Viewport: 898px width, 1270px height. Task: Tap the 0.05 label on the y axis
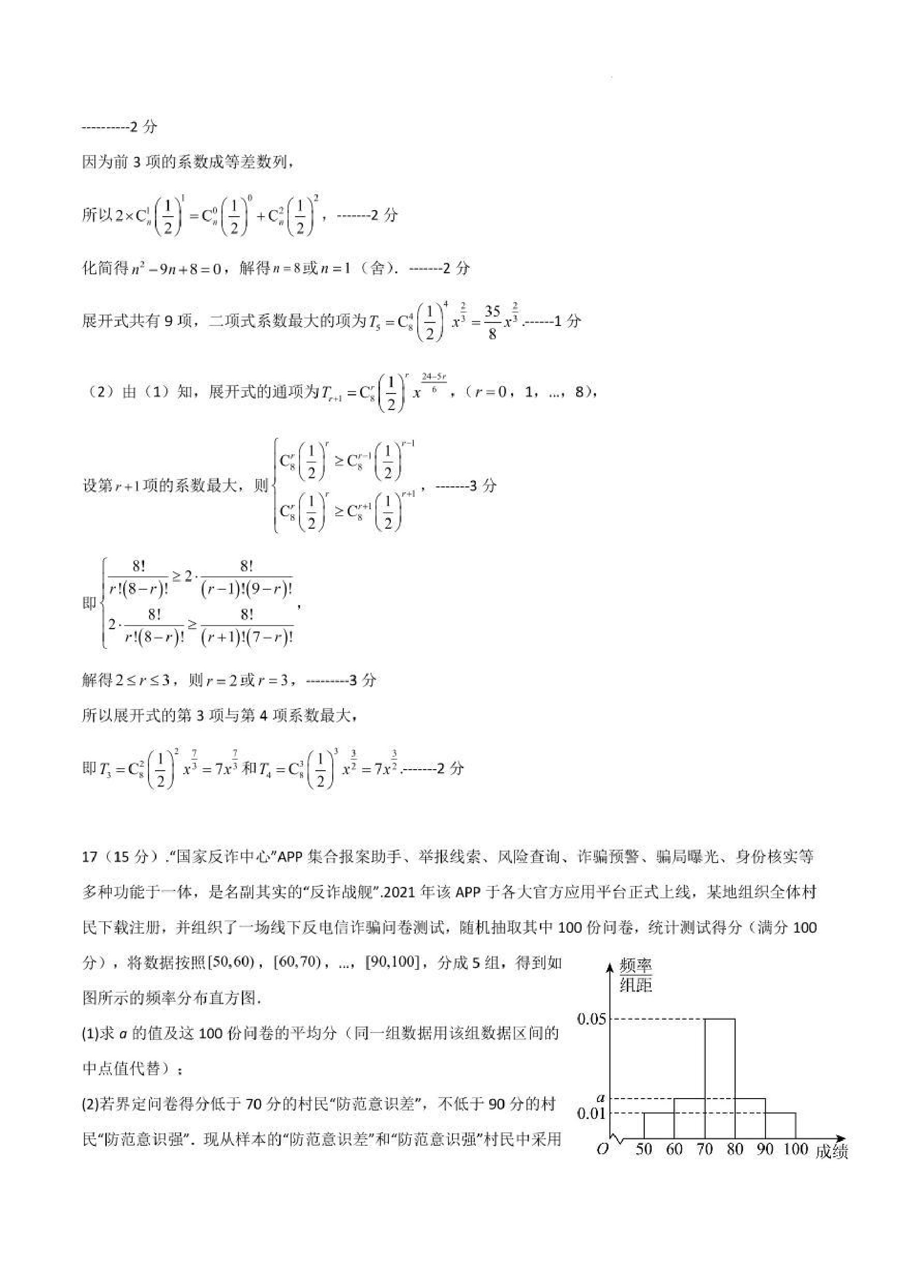pyautogui.click(x=591, y=1019)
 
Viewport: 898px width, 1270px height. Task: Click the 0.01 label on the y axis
pyautogui.click(x=591, y=1113)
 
